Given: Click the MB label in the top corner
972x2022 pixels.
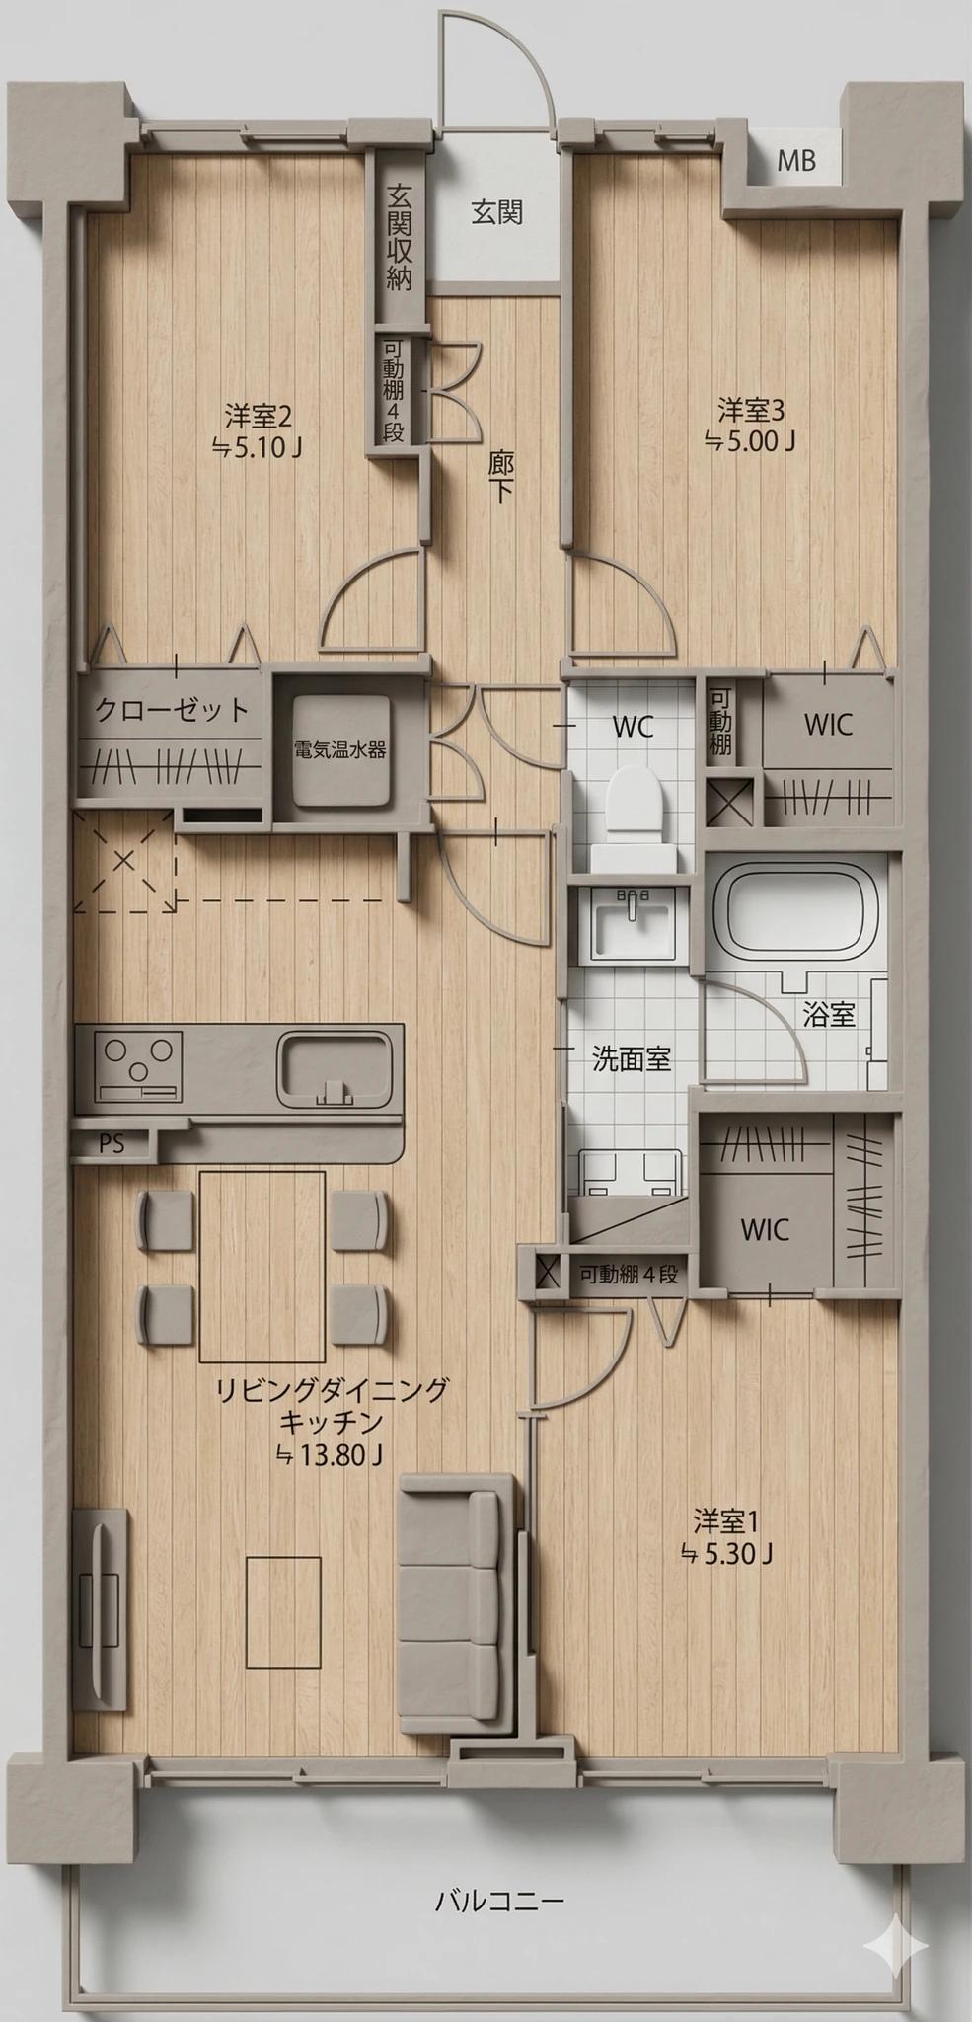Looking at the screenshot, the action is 796,160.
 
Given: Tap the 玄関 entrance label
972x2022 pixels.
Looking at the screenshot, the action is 496,212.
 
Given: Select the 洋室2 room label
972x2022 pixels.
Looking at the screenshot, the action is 258,412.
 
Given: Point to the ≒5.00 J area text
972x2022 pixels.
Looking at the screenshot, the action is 750,440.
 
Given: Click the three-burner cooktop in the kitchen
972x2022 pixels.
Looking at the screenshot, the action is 138,1066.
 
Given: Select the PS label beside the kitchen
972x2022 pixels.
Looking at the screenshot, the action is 112,1144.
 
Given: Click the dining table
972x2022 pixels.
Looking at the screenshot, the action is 262,1266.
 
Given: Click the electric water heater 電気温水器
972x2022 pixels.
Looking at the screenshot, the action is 340,749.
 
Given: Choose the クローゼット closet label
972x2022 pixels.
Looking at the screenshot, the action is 172,710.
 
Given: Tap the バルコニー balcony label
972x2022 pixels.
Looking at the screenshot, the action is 499,1900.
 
